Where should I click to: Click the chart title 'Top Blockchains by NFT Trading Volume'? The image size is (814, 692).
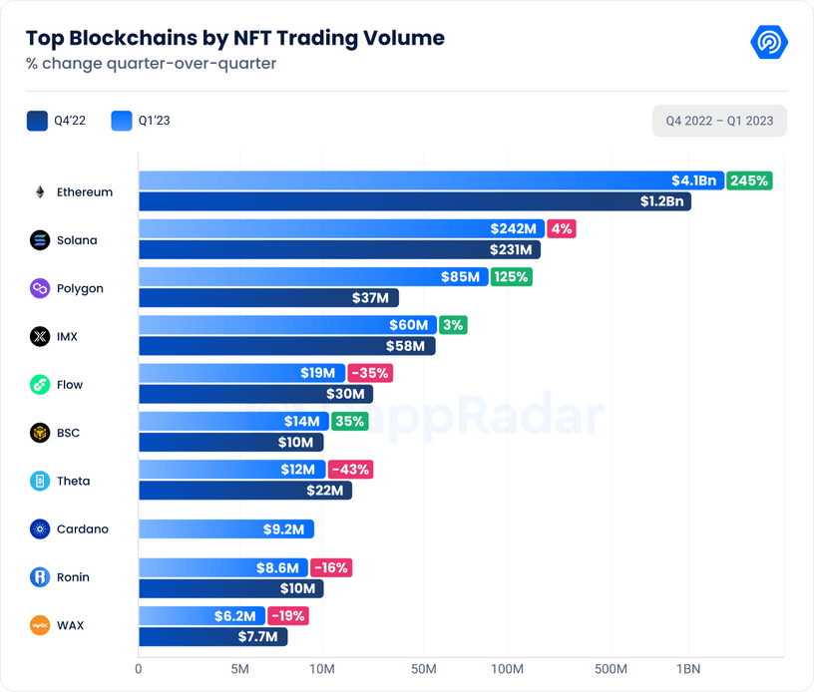click(234, 38)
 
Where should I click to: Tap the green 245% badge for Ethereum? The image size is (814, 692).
click(748, 180)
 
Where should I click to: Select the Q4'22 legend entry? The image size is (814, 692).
click(57, 122)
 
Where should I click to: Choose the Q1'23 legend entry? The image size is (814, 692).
click(141, 122)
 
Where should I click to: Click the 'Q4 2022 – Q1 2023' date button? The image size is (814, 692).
click(719, 122)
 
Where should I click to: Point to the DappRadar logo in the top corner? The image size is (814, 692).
click(768, 42)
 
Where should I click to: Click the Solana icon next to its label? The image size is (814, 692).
click(40, 240)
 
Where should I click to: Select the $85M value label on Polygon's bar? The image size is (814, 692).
click(460, 276)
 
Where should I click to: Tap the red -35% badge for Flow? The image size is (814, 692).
click(369, 373)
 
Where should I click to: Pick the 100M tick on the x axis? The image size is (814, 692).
click(508, 668)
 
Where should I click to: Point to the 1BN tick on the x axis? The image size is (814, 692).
click(687, 668)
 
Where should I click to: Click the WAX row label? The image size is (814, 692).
click(70, 625)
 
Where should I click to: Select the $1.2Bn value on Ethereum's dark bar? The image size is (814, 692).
click(661, 201)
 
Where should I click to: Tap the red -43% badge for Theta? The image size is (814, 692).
click(349, 469)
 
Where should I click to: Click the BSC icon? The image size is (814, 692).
click(40, 433)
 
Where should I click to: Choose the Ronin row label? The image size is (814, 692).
click(73, 577)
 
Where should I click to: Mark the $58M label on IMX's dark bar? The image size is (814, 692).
click(405, 346)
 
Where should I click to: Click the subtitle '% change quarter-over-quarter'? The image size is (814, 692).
click(151, 64)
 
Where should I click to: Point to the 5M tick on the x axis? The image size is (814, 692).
click(239, 668)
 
